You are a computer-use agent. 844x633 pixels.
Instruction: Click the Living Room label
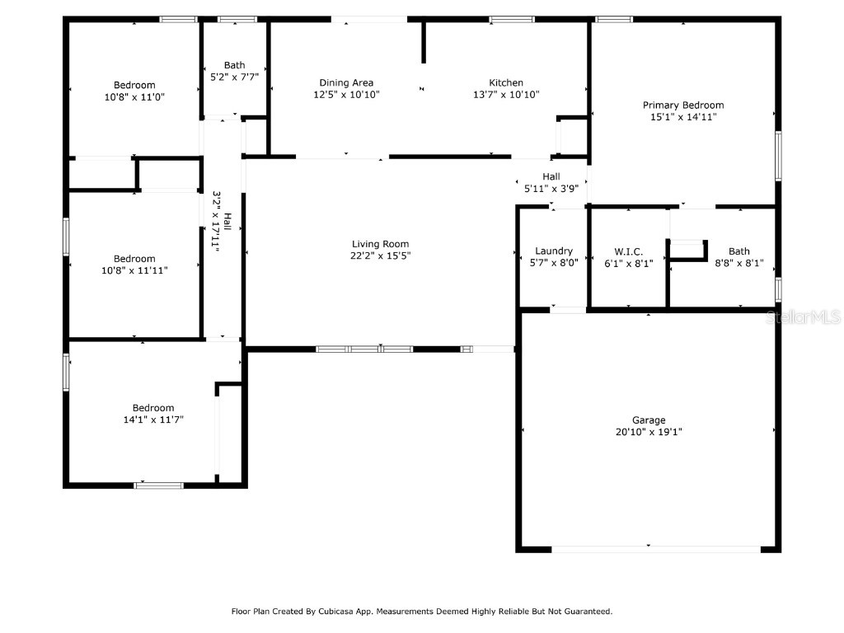pos(380,244)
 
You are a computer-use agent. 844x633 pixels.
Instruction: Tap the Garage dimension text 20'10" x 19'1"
pos(649,432)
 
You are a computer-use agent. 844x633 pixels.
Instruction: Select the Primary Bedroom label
pos(683,105)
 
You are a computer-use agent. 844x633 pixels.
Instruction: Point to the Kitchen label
pos(506,82)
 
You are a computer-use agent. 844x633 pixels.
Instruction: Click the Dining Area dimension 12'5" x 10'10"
pos(346,95)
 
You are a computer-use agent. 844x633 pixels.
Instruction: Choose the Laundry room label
pos(553,251)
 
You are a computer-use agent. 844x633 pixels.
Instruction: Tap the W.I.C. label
pos(628,251)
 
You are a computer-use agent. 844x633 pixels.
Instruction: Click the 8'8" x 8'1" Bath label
pos(738,251)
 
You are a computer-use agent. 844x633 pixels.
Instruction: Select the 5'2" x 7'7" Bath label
pos(234,65)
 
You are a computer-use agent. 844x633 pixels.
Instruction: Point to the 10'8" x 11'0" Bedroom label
pos(134,85)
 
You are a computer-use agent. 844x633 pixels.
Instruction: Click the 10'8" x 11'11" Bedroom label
pos(134,259)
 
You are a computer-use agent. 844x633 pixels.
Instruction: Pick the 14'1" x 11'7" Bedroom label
pos(153,408)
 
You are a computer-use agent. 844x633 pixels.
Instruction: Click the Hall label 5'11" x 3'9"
pos(551,176)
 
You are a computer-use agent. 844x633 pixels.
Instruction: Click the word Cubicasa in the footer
pos(359,612)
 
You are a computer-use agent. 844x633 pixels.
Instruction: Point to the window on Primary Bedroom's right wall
pos(777,157)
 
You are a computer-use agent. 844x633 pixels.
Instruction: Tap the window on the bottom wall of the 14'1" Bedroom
pos(159,485)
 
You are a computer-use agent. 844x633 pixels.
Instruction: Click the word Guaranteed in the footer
pos(586,612)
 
